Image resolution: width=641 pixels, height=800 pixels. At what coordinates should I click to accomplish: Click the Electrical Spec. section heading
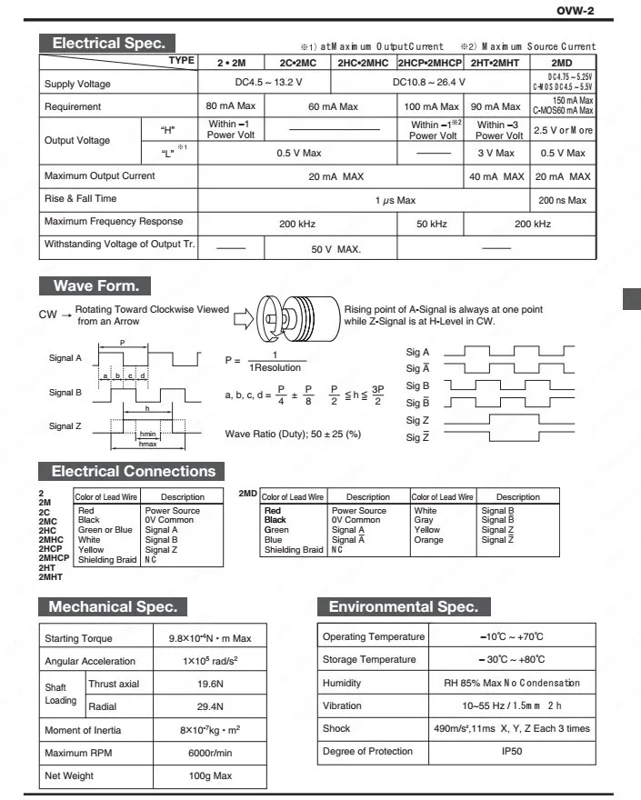click(x=107, y=43)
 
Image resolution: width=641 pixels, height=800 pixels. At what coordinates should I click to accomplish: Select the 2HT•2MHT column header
click(x=495, y=63)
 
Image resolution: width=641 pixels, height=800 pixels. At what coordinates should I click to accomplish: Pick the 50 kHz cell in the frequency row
click(x=428, y=222)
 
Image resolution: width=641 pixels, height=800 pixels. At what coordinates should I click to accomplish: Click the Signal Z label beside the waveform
click(x=66, y=425)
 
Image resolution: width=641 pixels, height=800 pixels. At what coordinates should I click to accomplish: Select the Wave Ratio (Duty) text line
click(x=293, y=434)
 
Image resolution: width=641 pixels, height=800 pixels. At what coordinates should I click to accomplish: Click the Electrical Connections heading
click(x=133, y=471)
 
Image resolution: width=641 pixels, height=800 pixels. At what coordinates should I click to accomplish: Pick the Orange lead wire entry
click(x=428, y=540)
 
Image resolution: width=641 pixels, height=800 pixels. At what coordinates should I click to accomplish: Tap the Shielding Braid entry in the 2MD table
click(x=293, y=549)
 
